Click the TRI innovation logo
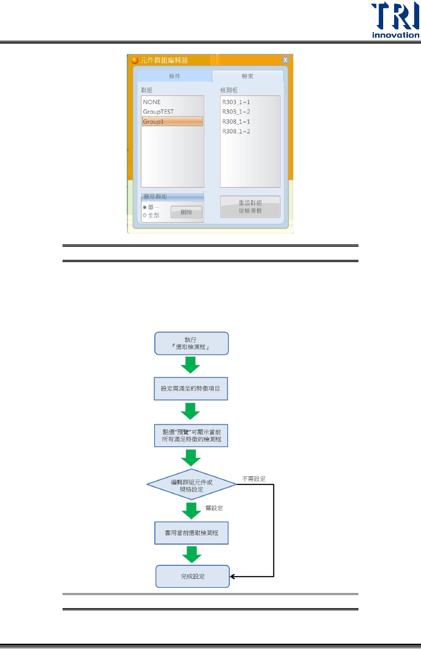[x=395, y=20]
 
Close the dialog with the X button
[x=285, y=60]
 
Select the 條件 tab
[x=175, y=76]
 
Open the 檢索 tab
[x=247, y=76]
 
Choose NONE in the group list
[x=152, y=102]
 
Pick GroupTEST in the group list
[x=159, y=112]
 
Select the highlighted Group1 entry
[x=172, y=121]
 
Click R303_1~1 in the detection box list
[x=236, y=102]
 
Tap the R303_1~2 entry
[x=236, y=112]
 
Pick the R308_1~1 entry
[x=236, y=121]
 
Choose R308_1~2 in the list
[x=236, y=131]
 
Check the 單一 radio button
[x=144, y=207]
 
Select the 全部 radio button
[x=144, y=215]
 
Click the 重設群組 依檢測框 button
[x=250, y=207]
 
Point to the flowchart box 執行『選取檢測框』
[x=191, y=343]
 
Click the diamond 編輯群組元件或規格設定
[x=192, y=485]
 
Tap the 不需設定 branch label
[x=254, y=479]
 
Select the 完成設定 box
[x=192, y=576]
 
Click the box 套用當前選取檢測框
[x=191, y=533]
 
